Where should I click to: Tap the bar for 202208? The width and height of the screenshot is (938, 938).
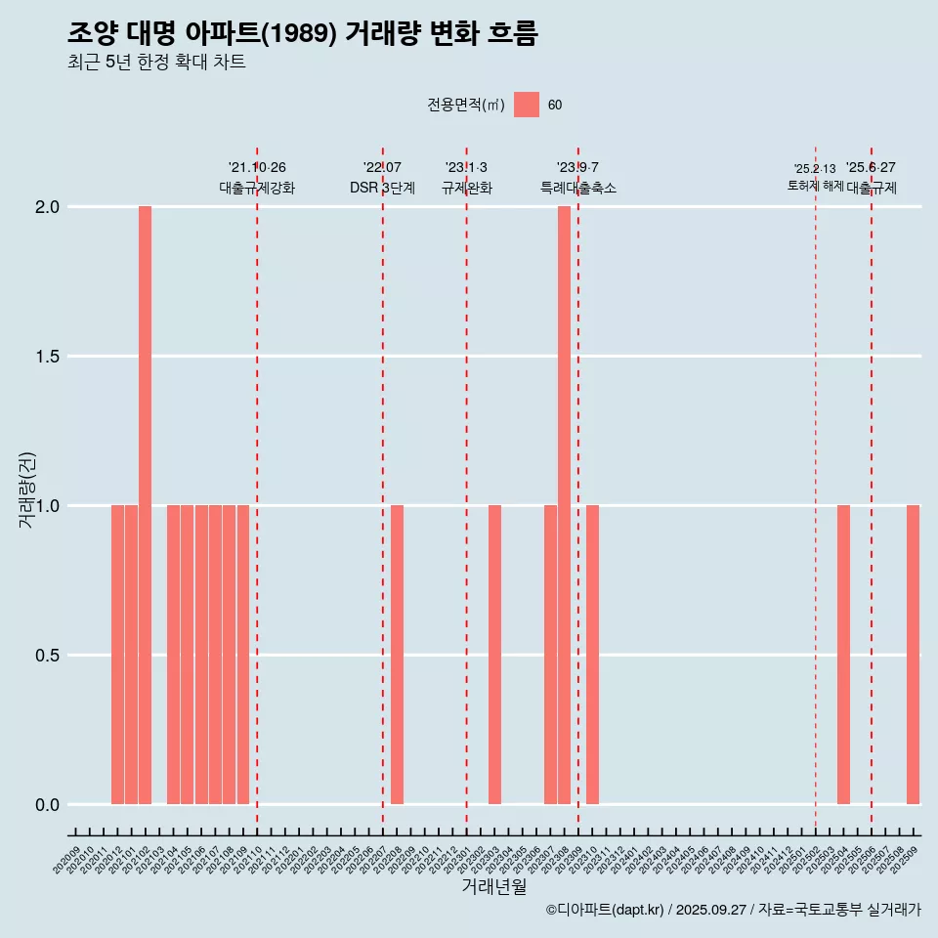point(397,655)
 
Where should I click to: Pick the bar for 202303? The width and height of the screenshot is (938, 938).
point(494,655)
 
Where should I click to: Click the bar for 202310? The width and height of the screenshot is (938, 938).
point(592,655)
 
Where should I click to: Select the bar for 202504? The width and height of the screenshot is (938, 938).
point(843,655)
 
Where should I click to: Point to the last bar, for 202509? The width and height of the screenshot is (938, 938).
point(913,655)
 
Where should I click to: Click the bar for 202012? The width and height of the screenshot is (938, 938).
point(117,655)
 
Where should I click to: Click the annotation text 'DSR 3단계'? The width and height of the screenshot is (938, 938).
point(383,188)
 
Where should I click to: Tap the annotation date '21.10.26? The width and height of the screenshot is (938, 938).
point(257,167)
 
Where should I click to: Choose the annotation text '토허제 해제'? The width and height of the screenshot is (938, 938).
point(815,186)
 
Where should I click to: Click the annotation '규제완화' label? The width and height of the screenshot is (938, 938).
point(466,188)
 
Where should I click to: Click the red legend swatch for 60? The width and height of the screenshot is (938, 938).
point(527,105)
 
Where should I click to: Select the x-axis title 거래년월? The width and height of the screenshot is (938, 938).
point(493,887)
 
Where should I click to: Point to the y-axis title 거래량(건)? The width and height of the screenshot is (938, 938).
point(27,490)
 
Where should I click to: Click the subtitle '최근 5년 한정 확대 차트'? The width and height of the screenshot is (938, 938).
point(156,63)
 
